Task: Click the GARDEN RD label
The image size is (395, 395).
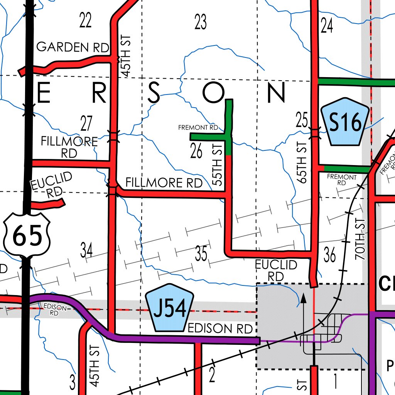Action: click(73, 47)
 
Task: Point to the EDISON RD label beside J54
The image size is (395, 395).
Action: click(220, 329)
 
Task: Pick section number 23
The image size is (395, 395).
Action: click(201, 22)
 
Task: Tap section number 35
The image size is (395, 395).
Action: click(201, 255)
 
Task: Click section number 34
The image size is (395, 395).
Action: click(86, 251)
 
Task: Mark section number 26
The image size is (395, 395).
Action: click(196, 152)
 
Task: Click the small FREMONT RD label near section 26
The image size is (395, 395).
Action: click(198, 127)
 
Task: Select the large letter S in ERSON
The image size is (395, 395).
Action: click(154, 93)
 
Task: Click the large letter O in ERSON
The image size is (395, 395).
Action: click(213, 93)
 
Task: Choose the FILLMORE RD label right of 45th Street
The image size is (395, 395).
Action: click(164, 182)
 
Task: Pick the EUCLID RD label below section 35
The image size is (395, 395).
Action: click(276, 270)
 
